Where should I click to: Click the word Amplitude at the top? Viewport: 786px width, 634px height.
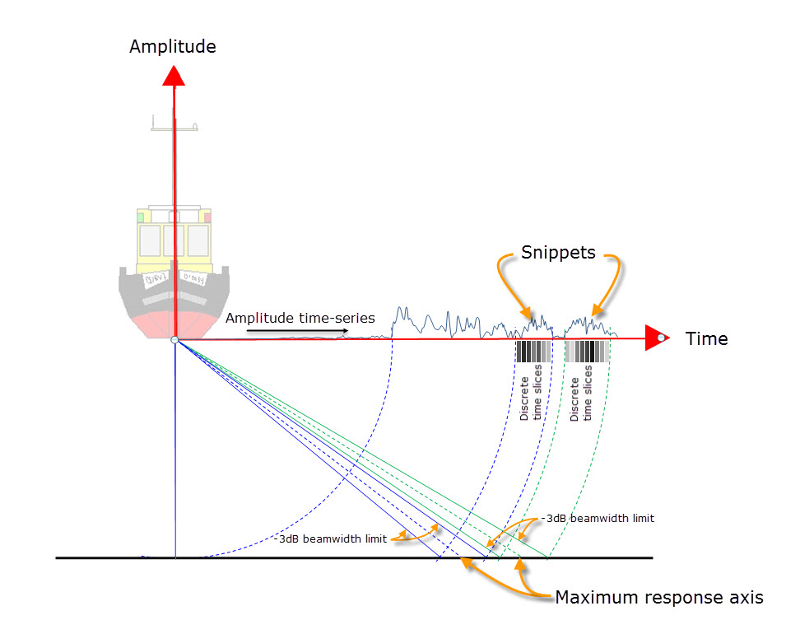[x=173, y=46]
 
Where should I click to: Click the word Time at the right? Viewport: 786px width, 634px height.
[x=706, y=338]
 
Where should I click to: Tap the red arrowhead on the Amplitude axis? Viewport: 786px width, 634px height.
[x=173, y=76]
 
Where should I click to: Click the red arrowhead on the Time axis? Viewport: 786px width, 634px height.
[x=656, y=338]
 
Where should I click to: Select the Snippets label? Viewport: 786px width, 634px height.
[x=558, y=252]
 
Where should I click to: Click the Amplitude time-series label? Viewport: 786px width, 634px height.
[x=300, y=318]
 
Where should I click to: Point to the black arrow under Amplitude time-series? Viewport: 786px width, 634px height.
[x=296, y=331]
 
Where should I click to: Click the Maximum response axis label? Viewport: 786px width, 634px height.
[x=658, y=597]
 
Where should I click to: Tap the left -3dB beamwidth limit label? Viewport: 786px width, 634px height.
[x=333, y=539]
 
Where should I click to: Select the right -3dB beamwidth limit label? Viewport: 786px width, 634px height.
[x=598, y=518]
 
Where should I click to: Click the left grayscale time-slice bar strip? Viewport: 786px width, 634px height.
[x=533, y=352]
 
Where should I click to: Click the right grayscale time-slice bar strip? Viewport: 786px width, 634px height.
[x=586, y=352]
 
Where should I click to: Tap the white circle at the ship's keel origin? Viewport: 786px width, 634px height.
[x=174, y=340]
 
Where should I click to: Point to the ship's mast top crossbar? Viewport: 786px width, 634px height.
[x=174, y=127]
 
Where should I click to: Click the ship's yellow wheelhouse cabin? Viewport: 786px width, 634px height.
[x=174, y=237]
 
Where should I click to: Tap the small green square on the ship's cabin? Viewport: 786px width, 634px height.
[x=142, y=217]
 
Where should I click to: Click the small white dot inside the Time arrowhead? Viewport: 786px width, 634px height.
[x=661, y=338]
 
